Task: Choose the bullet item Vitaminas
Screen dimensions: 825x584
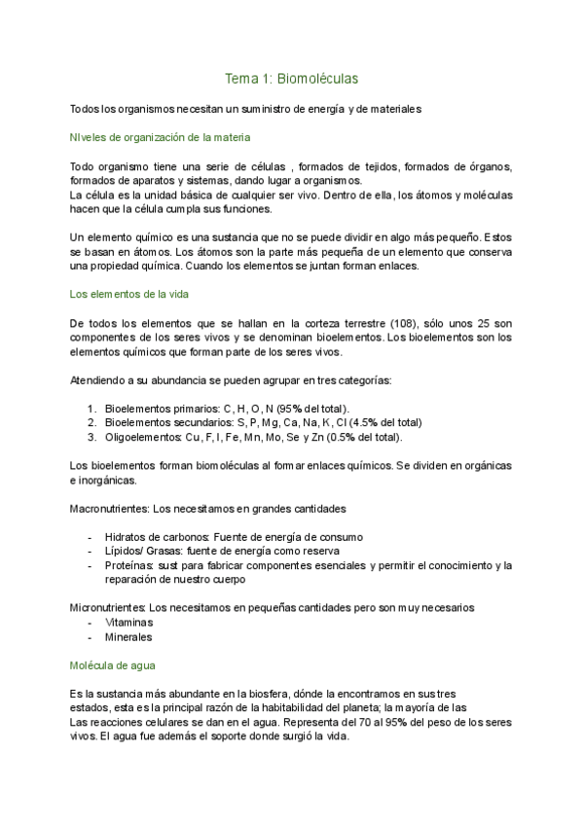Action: click(x=129, y=622)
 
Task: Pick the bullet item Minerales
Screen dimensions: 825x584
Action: click(x=128, y=636)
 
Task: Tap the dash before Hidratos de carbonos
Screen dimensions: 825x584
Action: click(x=90, y=537)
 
